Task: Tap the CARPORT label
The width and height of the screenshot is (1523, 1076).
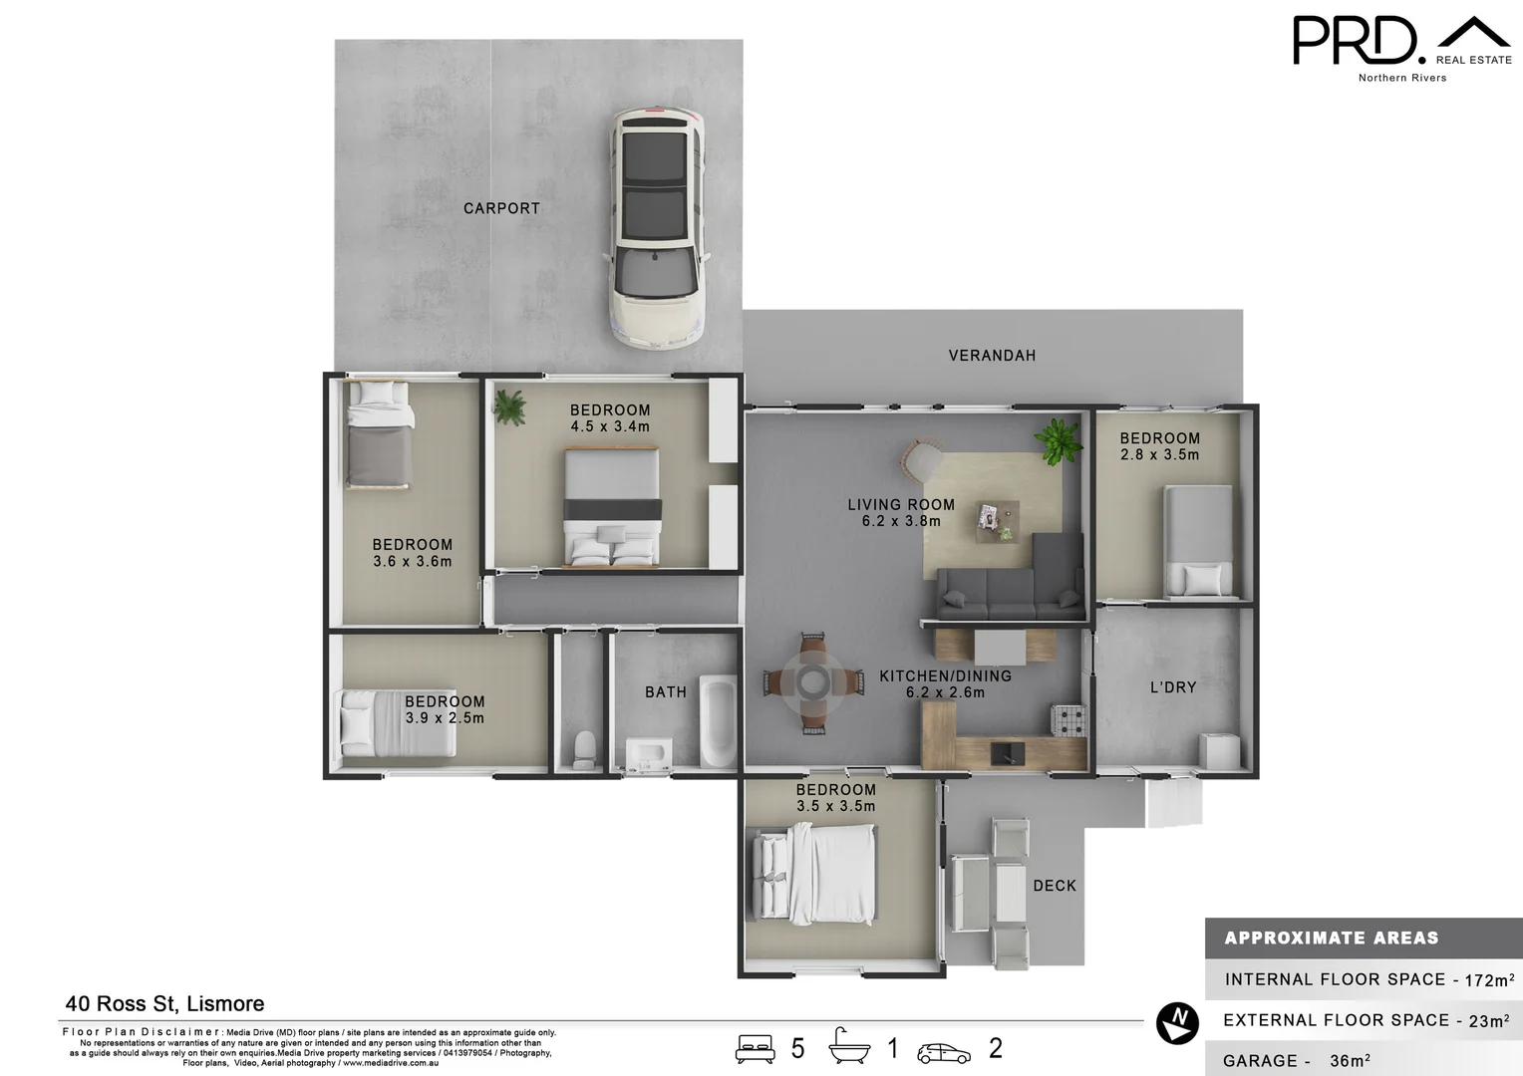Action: click(501, 208)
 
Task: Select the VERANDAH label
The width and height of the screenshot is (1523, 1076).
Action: click(992, 356)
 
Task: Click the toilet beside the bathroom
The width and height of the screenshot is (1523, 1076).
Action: click(585, 748)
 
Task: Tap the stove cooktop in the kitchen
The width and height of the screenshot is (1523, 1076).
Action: click(1069, 720)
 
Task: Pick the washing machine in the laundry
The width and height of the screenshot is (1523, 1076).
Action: click(1218, 750)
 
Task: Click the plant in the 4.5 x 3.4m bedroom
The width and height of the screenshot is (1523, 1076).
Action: click(509, 405)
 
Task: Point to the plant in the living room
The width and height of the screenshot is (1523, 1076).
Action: click(1058, 440)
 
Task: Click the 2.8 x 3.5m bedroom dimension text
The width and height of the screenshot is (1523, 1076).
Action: click(1159, 454)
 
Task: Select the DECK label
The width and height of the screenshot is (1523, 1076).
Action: click(1055, 886)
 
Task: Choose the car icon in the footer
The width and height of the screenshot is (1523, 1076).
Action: click(944, 1052)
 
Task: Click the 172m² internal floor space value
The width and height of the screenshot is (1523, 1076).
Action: click(1489, 980)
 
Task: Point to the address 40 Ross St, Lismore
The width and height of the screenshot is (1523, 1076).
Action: click(164, 1004)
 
